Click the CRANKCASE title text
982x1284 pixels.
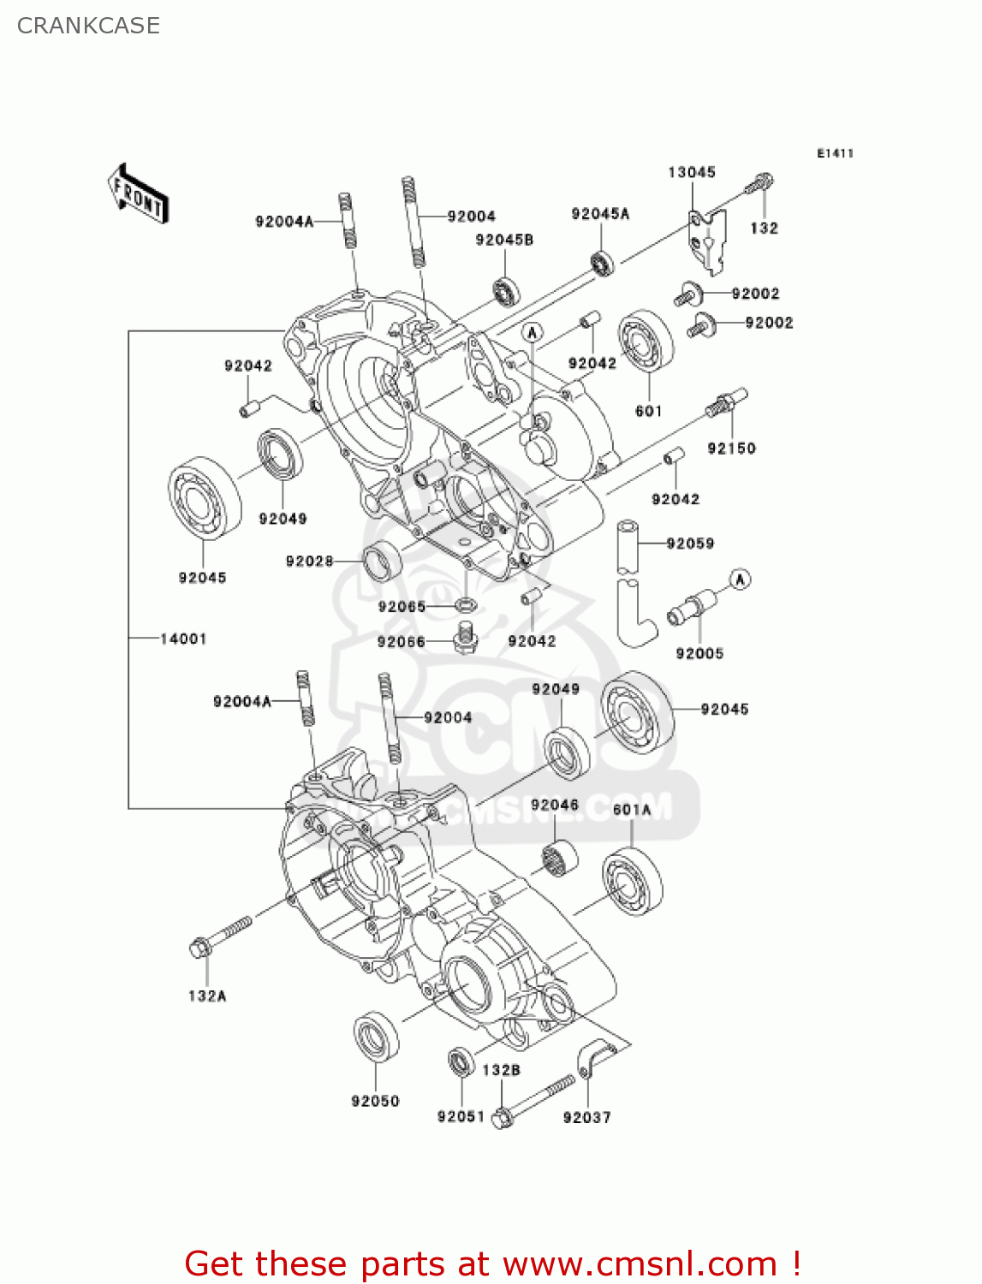(88, 26)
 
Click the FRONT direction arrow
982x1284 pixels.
(138, 195)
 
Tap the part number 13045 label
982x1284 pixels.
(691, 172)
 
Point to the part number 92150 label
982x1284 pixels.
(731, 448)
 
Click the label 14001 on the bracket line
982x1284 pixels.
(182, 639)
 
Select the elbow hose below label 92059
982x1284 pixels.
(634, 611)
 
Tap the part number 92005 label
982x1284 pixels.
(699, 653)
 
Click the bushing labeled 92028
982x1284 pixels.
(382, 561)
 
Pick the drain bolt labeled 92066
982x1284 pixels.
(465, 638)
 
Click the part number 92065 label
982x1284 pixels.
(402, 607)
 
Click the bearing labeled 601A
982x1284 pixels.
(632, 882)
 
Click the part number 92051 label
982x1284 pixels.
(461, 1116)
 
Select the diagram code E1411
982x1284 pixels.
(835, 153)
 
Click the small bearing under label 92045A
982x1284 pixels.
(602, 264)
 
